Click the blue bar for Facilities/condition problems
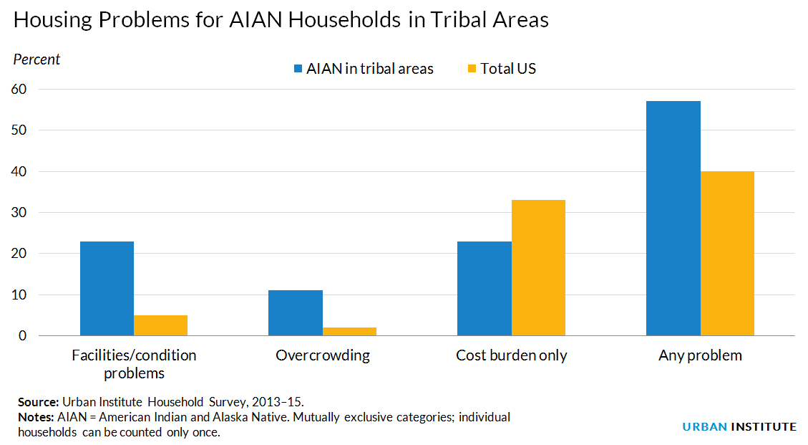(x=107, y=288)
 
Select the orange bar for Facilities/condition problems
(x=160, y=325)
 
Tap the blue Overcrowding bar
(x=296, y=312)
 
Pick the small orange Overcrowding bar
(x=349, y=331)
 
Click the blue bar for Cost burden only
(x=485, y=288)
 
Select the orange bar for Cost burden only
(x=538, y=268)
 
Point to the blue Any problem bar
(x=673, y=219)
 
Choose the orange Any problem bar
(x=727, y=254)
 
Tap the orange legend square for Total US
(x=472, y=69)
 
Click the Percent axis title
(x=37, y=59)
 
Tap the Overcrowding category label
(x=323, y=355)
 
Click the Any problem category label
(x=700, y=355)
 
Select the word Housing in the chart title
(x=53, y=20)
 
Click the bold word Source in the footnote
(x=39, y=402)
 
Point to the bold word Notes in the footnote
(x=36, y=417)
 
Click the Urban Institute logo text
(x=739, y=426)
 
